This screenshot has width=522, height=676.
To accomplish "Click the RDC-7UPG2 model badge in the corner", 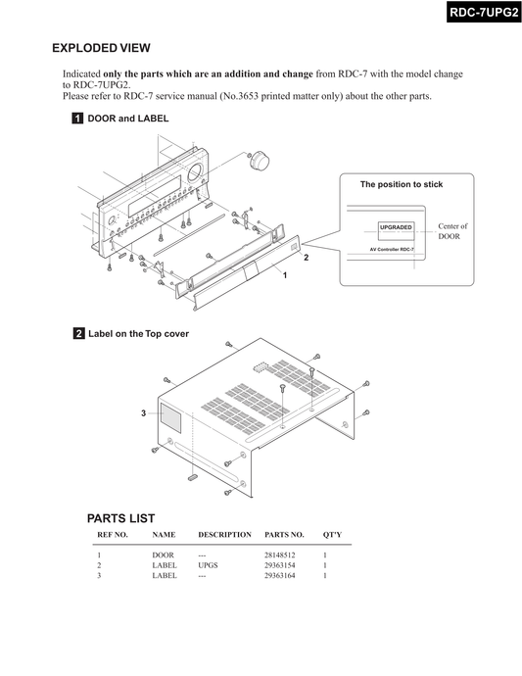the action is pos(484,12).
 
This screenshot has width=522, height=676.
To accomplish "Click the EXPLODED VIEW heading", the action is pos(101,48).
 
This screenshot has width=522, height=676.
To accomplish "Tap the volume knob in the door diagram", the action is pos(260,160).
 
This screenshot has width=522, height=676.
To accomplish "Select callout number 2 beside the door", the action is pos(306,258).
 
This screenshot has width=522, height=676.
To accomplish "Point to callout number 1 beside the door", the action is pos(284,275).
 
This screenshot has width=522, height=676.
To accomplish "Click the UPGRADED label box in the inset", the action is pos(396,231).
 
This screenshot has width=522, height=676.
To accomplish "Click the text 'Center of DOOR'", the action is pos(452,231).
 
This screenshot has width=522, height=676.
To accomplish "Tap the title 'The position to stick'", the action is pos(402,184).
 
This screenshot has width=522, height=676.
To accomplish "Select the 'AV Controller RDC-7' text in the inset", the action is pos(392,250).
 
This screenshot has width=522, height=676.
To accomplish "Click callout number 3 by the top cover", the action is pos(144,413).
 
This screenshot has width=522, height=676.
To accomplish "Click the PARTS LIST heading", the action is pos(120,518).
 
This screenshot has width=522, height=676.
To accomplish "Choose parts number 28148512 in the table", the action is pos(280,555).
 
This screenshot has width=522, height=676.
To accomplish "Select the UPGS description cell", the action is pos(208,565).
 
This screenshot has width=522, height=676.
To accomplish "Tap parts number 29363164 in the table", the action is pos(280,575).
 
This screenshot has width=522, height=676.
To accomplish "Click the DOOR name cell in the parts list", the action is pos(163,555).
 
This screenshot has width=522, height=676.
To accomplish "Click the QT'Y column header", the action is pos(332,535).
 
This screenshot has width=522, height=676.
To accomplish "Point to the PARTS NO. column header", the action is pos(284,535).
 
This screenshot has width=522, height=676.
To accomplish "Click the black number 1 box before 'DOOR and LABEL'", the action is pos(77,119).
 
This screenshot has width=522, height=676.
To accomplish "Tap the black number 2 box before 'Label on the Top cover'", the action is pos(79,333).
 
